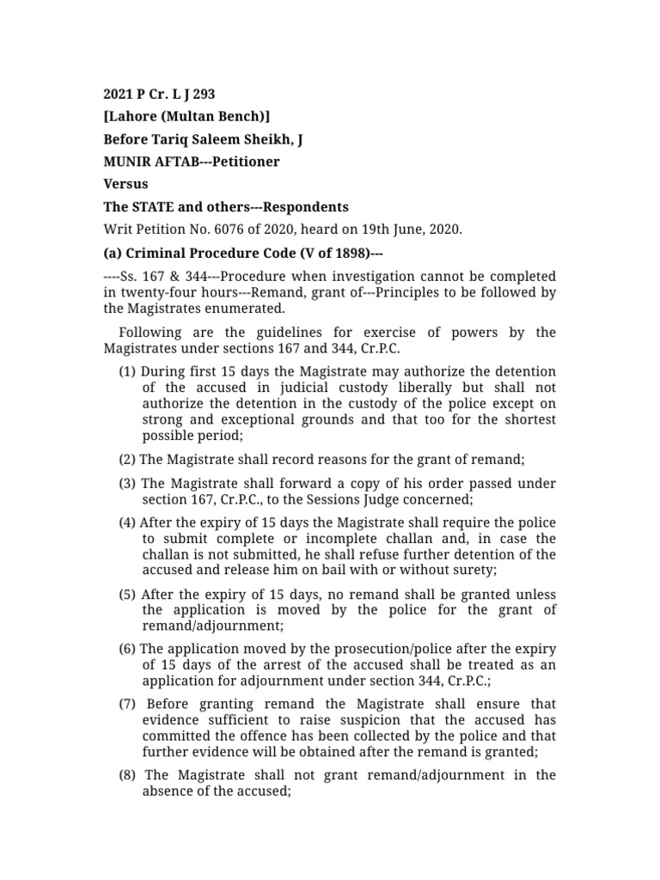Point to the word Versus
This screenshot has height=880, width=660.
coord(125,184)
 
